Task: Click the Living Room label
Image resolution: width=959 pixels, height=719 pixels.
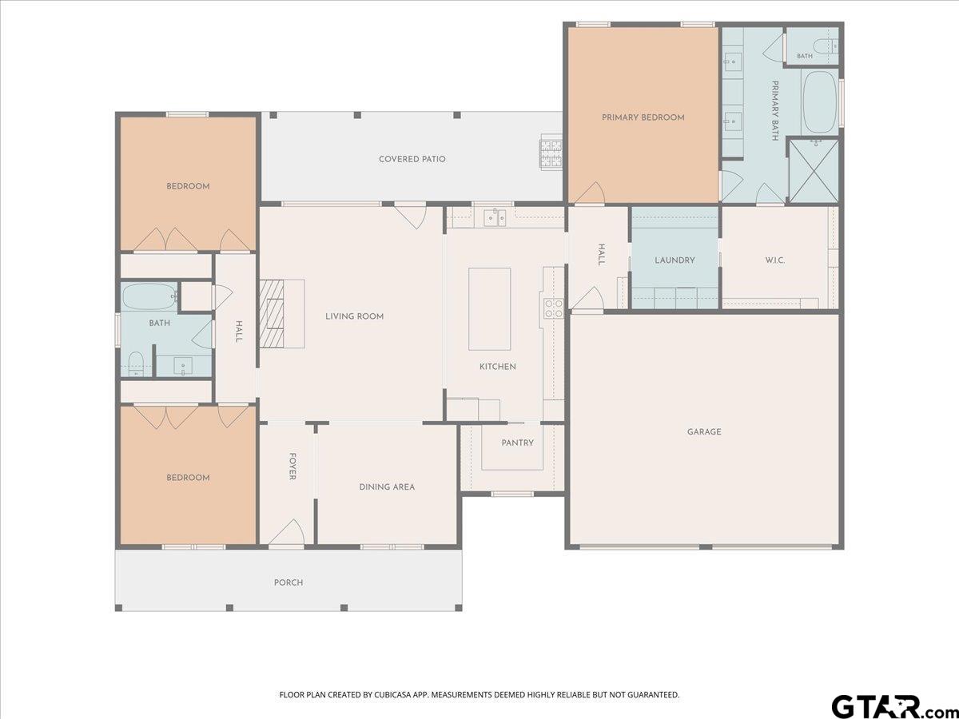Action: [354, 316]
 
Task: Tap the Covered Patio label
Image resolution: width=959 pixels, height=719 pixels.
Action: [412, 159]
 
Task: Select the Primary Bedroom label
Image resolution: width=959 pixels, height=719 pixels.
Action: [643, 117]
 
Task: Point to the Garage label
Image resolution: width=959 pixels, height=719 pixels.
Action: [704, 431]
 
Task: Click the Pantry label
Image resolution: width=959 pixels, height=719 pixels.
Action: [517, 443]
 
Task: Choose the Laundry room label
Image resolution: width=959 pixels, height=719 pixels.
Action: [674, 260]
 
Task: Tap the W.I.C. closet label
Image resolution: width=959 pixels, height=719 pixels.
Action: [774, 260]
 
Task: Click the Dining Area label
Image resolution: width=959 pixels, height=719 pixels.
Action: [387, 487]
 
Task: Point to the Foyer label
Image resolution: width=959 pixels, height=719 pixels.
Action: [292, 467]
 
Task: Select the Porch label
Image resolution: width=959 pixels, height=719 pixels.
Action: [288, 582]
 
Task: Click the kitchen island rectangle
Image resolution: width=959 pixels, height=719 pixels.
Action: [489, 309]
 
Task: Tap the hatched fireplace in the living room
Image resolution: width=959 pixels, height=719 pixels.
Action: [272, 313]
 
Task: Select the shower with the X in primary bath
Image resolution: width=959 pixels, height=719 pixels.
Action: [814, 171]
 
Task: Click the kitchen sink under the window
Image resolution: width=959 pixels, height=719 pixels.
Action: [495, 217]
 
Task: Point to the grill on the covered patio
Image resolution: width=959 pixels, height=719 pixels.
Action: [551, 153]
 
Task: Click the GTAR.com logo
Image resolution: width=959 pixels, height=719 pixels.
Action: [893, 706]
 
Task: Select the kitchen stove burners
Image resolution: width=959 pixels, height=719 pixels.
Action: [553, 308]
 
